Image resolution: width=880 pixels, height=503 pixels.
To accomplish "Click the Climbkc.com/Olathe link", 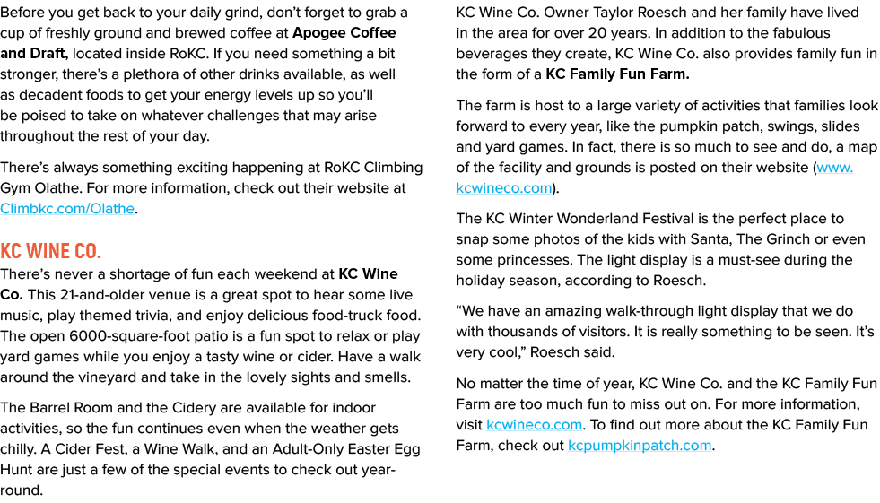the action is click(67, 209).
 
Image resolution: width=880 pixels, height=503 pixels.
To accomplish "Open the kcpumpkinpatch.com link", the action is click(640, 446).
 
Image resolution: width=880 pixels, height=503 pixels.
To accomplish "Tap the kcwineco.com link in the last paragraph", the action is click(534, 425).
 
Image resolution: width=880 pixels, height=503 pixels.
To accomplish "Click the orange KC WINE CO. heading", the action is click(50, 251).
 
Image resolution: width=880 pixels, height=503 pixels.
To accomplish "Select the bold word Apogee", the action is click(318, 33).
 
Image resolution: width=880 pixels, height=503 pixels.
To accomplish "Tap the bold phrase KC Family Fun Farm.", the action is click(617, 74).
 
